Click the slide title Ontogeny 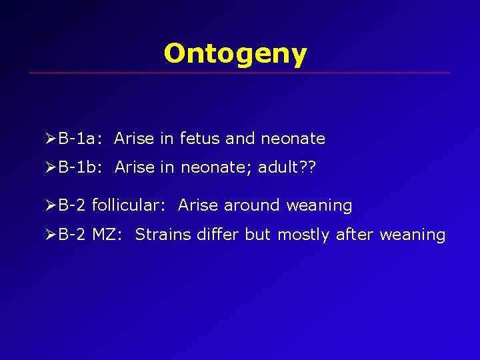click(235, 53)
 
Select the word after click(355, 235)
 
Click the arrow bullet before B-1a click(51, 139)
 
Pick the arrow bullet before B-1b click(51, 167)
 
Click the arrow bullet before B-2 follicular click(51, 206)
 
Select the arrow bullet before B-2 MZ click(51, 235)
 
